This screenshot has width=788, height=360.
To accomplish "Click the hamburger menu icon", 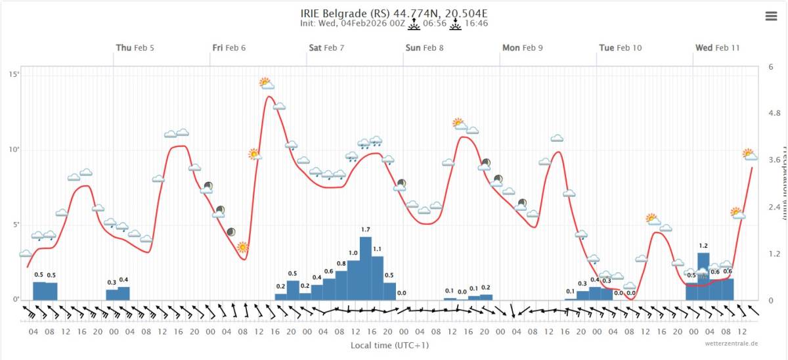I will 771,17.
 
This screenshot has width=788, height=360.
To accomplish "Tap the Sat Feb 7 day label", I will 326,47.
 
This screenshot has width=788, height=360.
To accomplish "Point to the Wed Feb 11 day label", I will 717,47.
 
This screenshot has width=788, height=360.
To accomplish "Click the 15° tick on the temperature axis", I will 14,74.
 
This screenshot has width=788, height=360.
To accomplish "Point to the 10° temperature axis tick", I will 14,149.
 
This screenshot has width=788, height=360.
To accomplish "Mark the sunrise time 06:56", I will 435,24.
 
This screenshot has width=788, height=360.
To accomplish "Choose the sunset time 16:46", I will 476,24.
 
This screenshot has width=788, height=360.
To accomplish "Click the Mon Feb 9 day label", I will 522,47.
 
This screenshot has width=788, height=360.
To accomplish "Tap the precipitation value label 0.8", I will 341,263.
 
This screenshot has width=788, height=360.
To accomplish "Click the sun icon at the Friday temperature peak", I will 265,83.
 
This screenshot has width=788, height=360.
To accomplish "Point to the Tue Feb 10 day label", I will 620,47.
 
